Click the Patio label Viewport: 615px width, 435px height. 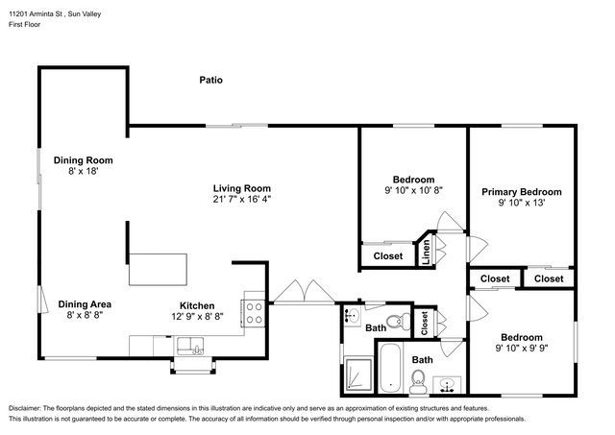pos(211,80)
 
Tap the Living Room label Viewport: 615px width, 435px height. pos(242,188)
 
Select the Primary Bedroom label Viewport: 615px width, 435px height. pos(521,192)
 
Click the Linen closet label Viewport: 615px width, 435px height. pos(426,252)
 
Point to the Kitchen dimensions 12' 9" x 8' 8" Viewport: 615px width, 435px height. pos(197,316)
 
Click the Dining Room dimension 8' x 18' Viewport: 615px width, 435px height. pos(84,171)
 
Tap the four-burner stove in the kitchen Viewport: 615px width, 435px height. pos(254,313)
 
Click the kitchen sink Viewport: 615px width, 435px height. pos(190,346)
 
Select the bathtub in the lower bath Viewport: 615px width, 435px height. pos(390,368)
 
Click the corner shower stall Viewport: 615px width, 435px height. pos(357,375)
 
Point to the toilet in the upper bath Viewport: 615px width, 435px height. pos(399,322)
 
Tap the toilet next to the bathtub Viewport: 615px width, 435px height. pos(418,381)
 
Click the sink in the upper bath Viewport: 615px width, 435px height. pos(353,316)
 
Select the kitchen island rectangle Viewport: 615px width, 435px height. pos(158,270)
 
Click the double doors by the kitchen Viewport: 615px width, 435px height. pos(304,292)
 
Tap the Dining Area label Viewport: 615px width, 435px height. pos(85,304)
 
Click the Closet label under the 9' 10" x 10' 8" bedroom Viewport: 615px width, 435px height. pos(388,255)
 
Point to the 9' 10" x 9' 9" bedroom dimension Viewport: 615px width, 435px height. pos(522,348)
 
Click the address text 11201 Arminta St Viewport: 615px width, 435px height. pos(37,14)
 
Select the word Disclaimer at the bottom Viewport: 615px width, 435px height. pos(24,408)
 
